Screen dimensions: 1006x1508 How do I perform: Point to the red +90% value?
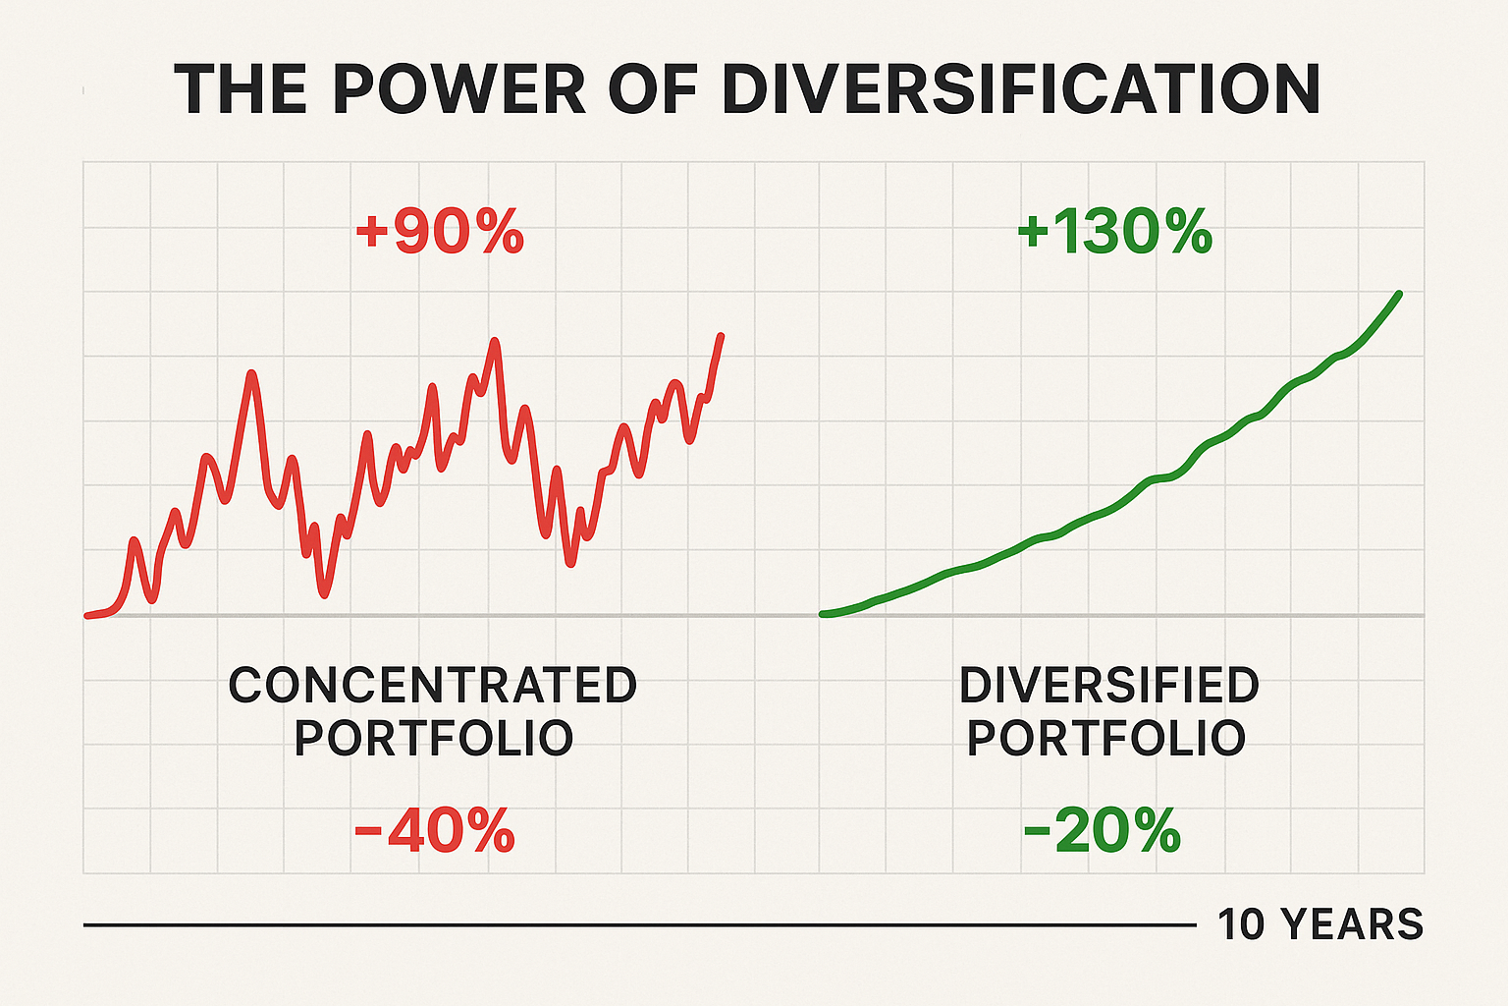439,234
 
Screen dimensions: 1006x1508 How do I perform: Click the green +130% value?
1114,234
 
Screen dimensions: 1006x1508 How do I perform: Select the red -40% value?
434,832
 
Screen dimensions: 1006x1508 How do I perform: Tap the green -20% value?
1102,832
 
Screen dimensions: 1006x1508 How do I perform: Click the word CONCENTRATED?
433,685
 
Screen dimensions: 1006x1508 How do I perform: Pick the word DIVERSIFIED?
1108,685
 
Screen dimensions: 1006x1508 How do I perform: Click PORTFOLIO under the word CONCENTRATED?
433,738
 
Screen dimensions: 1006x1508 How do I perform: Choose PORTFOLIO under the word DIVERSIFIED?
1106,738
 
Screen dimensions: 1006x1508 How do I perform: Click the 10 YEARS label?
1319,924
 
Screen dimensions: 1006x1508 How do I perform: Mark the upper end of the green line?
1398,294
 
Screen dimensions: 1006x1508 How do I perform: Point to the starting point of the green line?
823,614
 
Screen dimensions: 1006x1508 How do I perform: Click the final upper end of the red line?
722,336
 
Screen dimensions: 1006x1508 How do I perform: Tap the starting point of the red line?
87,616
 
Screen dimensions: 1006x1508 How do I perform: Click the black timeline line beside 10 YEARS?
638,924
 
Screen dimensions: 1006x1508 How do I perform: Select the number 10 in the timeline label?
1241,924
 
